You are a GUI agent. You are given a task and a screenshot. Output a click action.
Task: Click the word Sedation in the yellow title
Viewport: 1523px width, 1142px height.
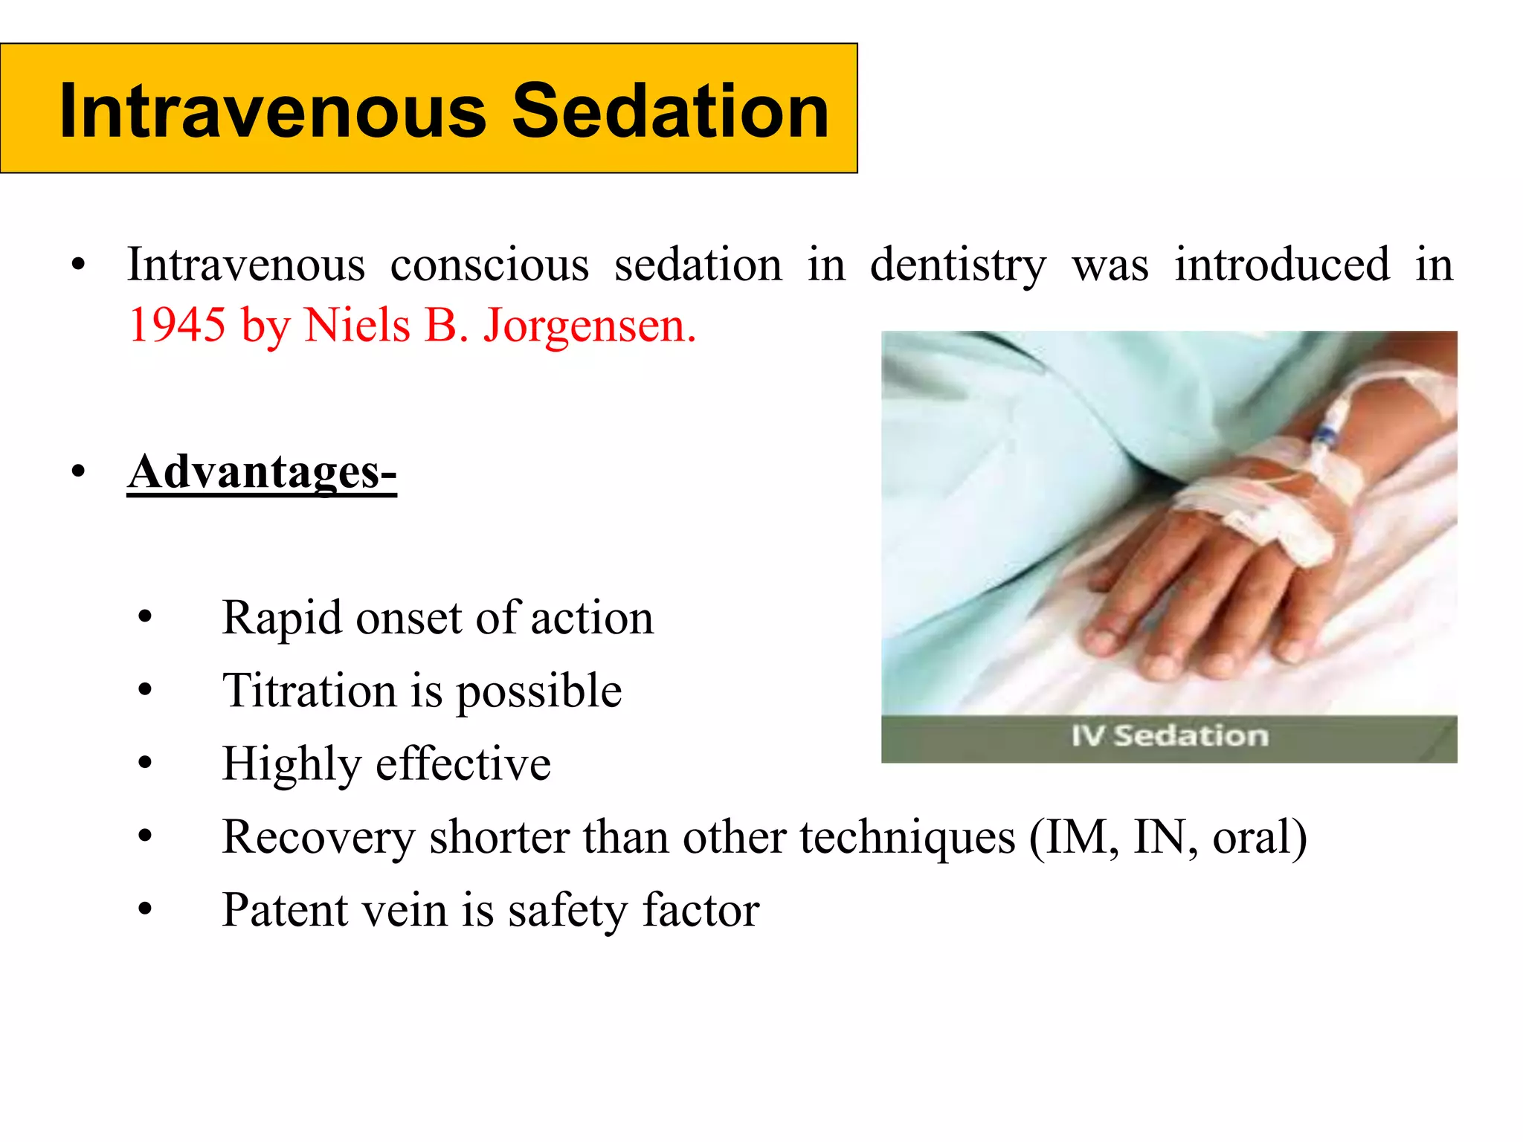(x=670, y=112)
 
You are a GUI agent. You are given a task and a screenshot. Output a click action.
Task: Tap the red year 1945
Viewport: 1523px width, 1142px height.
(x=177, y=325)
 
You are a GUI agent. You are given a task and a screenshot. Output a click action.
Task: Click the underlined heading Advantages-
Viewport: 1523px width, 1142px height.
(x=262, y=471)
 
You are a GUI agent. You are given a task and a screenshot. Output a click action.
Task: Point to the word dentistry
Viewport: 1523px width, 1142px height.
(x=958, y=265)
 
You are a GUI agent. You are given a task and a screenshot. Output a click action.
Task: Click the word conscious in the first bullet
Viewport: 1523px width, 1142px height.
(x=489, y=265)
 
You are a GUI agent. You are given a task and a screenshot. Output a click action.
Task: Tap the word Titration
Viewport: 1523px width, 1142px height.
(x=309, y=691)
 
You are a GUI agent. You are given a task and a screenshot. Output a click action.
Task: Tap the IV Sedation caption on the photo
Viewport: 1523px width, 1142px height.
(x=1169, y=736)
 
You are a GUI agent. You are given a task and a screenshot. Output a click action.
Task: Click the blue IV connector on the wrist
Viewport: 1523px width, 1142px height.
(x=1324, y=435)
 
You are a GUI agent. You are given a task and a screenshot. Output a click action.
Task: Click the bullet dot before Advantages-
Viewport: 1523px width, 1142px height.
(x=79, y=473)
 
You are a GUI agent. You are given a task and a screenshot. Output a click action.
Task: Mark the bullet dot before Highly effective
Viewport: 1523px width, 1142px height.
(x=145, y=763)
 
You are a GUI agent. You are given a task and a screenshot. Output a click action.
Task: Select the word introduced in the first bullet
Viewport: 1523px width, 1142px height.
(x=1281, y=265)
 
